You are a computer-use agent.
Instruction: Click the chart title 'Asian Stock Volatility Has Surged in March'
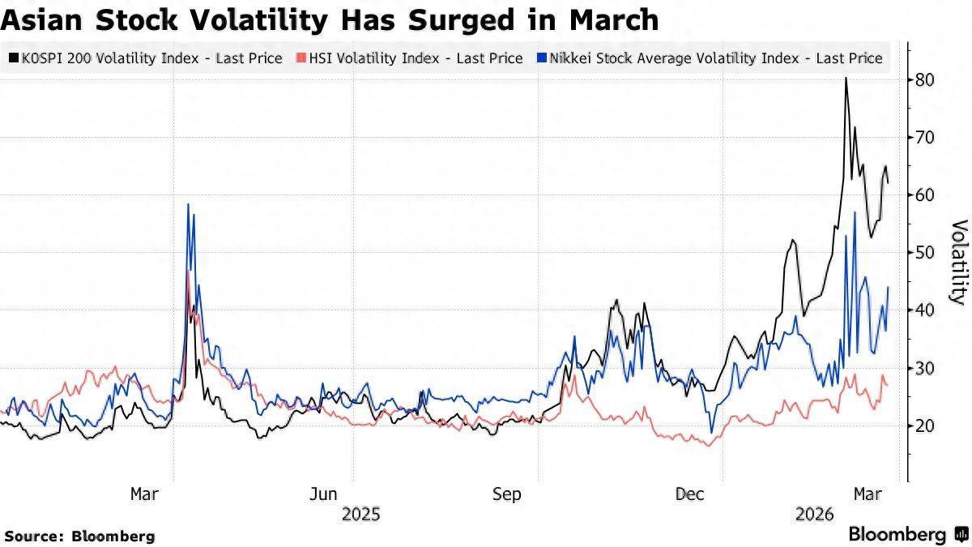click(x=330, y=19)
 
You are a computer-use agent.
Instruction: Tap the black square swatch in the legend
click(x=14, y=58)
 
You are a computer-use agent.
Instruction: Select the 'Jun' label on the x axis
click(x=323, y=494)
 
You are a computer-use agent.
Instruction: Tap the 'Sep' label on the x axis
click(x=507, y=494)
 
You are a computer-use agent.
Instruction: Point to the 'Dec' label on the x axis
click(x=690, y=494)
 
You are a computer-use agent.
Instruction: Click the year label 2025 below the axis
click(x=361, y=514)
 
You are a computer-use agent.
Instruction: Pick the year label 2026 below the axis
click(x=815, y=514)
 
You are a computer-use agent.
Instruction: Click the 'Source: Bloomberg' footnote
click(x=79, y=536)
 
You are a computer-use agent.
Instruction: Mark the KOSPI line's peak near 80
click(x=846, y=79)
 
